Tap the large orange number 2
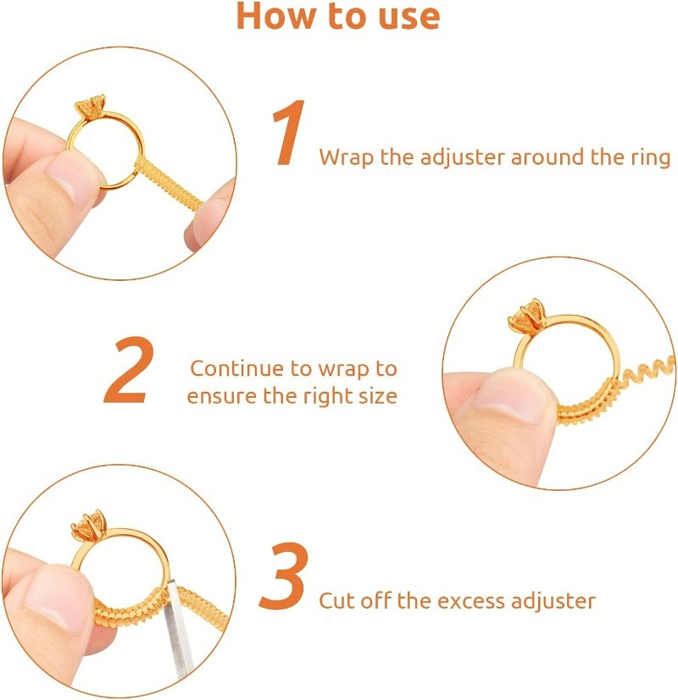point(131,370)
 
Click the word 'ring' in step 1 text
point(650,158)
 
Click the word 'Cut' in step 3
point(336,601)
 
